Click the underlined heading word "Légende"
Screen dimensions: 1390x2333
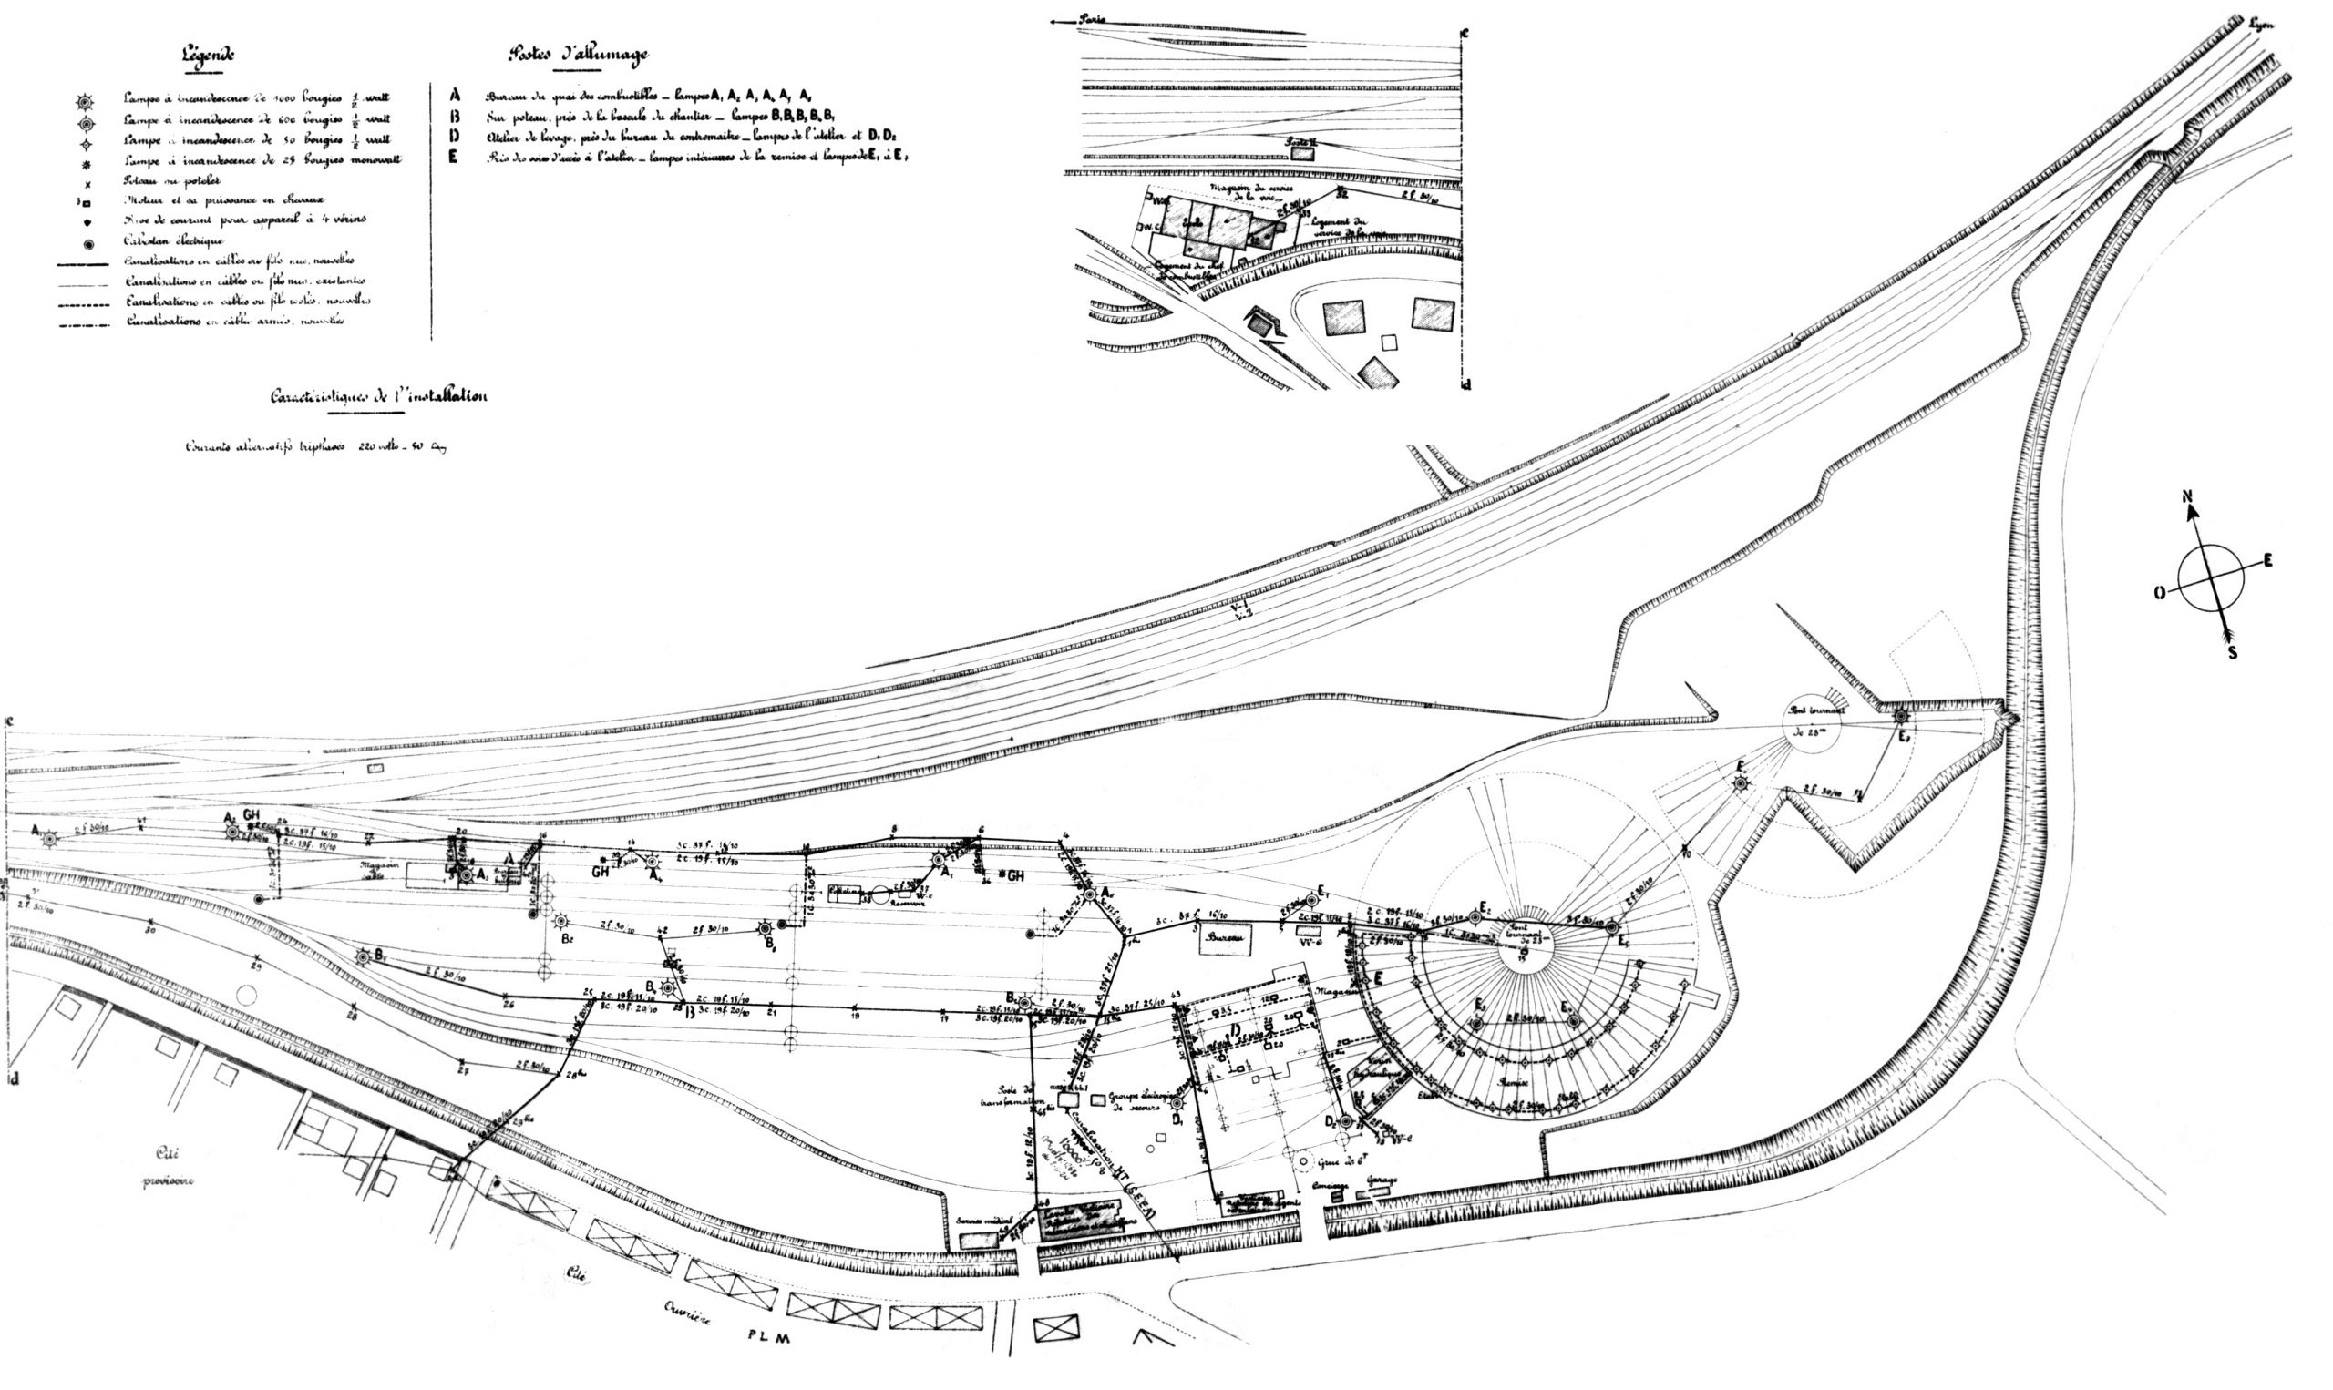(x=207, y=55)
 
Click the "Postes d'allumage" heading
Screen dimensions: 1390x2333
(x=577, y=55)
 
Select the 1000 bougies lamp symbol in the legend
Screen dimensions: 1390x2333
(x=86, y=100)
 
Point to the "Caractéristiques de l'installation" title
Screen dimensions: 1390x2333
(x=378, y=397)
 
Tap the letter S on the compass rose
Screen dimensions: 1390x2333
(x=2233, y=653)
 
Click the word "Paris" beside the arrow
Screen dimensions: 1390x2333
(x=1092, y=18)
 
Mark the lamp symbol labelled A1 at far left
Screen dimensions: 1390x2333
(x=49, y=838)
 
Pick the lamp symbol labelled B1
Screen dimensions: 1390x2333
(x=364, y=957)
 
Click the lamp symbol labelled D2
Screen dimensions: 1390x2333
(x=1344, y=1121)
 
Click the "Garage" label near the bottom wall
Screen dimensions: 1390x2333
(x=1382, y=1181)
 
